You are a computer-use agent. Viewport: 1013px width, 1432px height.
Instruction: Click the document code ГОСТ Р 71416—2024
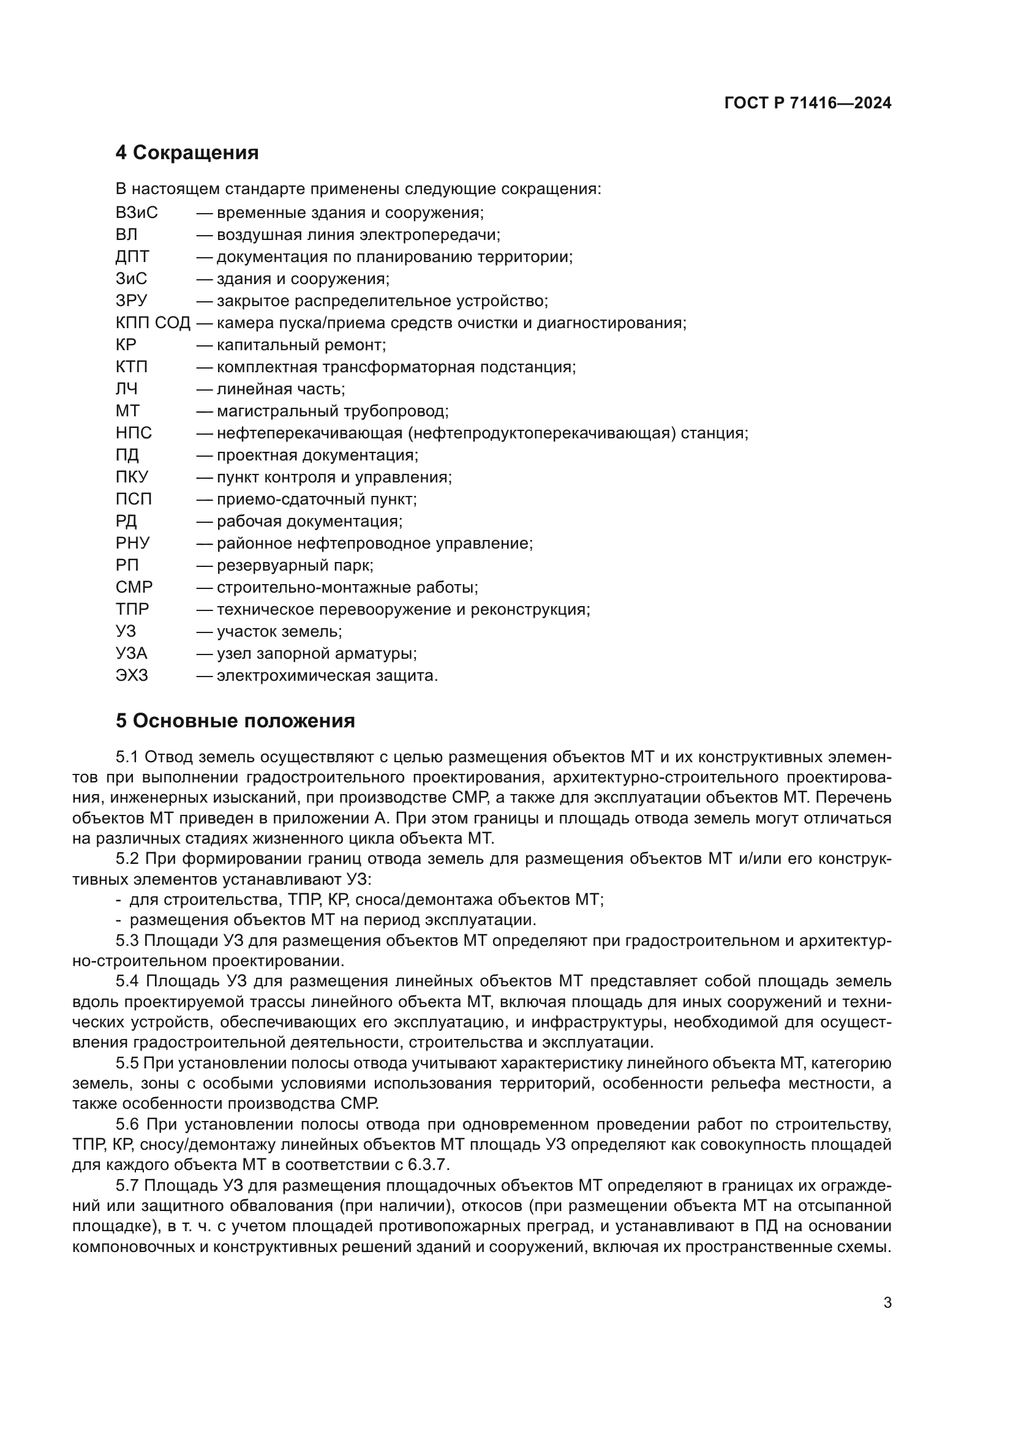[x=807, y=103]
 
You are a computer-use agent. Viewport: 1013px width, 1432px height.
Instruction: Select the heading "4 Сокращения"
[x=187, y=153]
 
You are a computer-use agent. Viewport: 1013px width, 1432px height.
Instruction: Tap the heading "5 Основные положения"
[x=235, y=721]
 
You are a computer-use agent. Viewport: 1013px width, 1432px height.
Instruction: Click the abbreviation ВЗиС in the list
[x=137, y=212]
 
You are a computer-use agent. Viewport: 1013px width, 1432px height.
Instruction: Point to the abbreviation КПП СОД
[x=153, y=323]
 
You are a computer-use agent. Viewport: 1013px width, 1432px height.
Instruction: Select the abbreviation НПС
[x=134, y=433]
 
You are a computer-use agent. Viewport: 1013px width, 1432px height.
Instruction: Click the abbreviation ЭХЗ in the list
[x=132, y=675]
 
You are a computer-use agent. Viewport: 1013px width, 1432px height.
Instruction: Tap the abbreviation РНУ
[x=132, y=543]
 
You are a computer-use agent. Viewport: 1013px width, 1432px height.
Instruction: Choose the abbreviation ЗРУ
[x=131, y=301]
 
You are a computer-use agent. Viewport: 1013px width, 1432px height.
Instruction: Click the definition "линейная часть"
[x=279, y=389]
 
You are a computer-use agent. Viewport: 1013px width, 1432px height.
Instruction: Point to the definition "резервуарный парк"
[x=294, y=566]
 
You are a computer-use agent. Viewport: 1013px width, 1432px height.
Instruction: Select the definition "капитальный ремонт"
[x=301, y=345]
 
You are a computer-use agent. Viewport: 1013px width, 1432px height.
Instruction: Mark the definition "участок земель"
[x=278, y=632]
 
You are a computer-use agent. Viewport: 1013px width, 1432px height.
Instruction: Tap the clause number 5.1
[x=126, y=757]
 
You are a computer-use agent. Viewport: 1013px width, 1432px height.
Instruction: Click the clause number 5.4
[x=127, y=981]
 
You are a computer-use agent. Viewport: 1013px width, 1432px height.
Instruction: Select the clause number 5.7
[x=127, y=1186]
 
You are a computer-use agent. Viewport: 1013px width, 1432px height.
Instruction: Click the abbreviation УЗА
[x=131, y=654]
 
